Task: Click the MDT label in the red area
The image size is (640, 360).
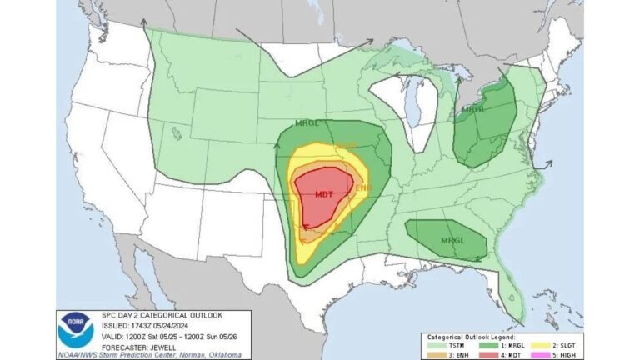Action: coord(324,193)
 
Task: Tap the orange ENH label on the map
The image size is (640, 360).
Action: coord(363,188)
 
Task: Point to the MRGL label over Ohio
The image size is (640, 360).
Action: coord(474,110)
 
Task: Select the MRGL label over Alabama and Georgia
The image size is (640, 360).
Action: coord(452,241)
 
